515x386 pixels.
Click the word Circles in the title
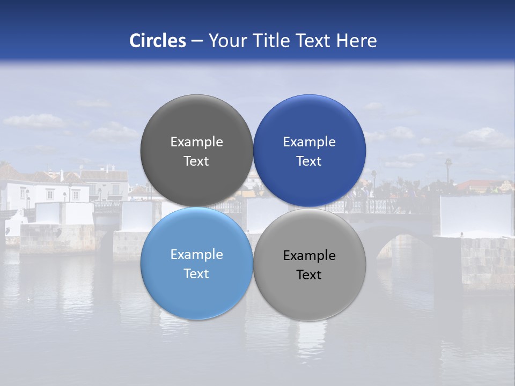point(158,41)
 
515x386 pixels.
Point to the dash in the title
point(197,41)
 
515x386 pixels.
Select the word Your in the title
point(227,41)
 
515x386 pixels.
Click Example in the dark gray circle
point(196,142)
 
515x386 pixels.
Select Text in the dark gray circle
point(196,161)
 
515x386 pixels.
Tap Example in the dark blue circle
point(309,142)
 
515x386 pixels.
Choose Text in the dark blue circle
point(309,161)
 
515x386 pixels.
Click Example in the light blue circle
point(196,255)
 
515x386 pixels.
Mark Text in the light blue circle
point(196,273)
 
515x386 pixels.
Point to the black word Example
point(309,256)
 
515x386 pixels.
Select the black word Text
point(309,274)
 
